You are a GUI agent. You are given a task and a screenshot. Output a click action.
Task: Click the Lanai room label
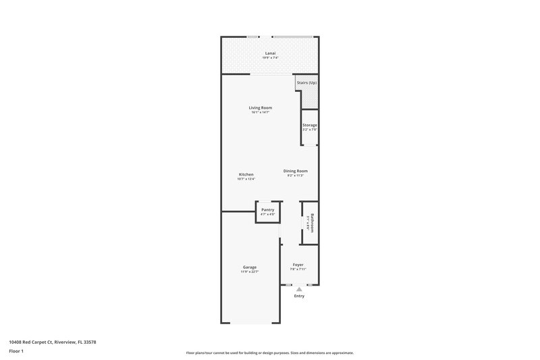point(270,53)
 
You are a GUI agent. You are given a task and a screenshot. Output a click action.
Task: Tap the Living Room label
point(260,107)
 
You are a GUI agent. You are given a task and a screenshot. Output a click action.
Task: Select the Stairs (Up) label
point(307,83)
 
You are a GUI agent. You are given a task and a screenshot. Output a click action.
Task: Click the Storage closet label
point(310,125)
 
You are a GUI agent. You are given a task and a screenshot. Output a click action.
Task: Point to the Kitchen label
point(246,174)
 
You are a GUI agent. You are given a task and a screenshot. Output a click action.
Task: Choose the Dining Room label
point(296,171)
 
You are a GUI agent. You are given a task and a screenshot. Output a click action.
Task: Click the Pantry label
point(267,210)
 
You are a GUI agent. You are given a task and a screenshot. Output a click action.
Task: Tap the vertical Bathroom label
point(313,222)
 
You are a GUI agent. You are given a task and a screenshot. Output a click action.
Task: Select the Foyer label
point(298,264)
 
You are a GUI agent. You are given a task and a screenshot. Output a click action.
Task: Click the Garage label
point(250,267)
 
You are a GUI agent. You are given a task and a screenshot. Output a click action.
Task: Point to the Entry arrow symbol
point(299,289)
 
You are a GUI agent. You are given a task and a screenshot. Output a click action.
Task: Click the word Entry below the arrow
point(299,297)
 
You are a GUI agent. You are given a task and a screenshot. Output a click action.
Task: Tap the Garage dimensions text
point(250,272)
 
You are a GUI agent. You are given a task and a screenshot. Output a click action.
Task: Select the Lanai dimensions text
point(270,57)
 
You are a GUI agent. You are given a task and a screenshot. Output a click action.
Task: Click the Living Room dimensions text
point(260,112)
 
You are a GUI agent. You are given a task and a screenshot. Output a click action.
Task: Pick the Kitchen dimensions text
point(246,179)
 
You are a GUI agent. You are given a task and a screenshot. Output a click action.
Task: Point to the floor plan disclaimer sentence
point(269,353)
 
